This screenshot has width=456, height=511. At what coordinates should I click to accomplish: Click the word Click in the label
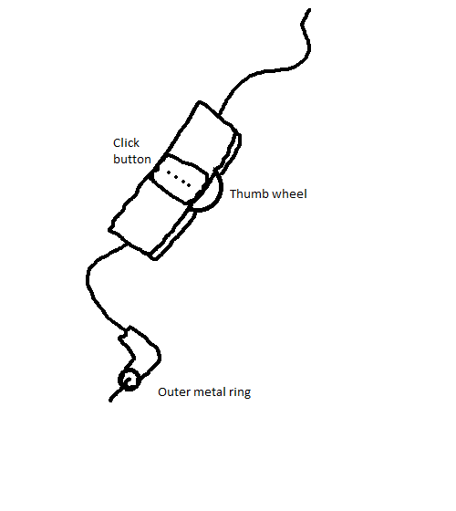point(126,142)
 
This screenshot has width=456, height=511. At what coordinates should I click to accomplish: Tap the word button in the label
point(132,159)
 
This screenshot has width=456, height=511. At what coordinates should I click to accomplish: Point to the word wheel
point(289,193)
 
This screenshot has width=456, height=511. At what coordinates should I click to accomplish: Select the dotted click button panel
point(180,179)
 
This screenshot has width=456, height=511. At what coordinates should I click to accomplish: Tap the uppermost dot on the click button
point(169,172)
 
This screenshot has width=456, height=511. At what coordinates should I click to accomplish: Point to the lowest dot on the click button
point(189,186)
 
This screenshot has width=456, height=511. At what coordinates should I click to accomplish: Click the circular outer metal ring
point(130,380)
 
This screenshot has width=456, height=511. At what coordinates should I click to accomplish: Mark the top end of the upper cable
point(309,10)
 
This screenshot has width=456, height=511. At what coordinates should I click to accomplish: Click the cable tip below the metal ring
point(110,401)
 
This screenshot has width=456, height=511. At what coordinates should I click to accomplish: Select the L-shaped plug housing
point(140,350)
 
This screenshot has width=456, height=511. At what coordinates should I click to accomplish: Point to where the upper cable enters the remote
point(219,114)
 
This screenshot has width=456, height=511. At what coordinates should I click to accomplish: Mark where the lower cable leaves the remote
point(127,245)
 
